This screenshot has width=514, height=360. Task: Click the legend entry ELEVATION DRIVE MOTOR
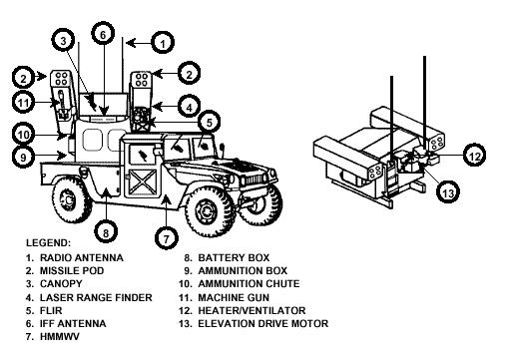click(264, 324)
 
